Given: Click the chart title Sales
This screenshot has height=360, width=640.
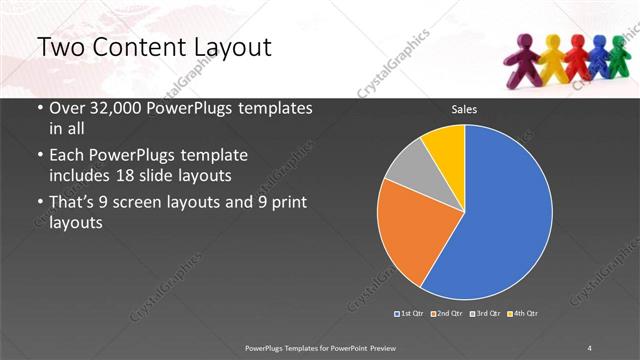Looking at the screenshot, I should (464, 109).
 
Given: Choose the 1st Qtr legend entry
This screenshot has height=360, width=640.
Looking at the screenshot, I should (411, 314).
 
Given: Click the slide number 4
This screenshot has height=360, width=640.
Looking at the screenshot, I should (590, 347).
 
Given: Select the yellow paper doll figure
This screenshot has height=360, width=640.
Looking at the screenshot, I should (552, 60).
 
